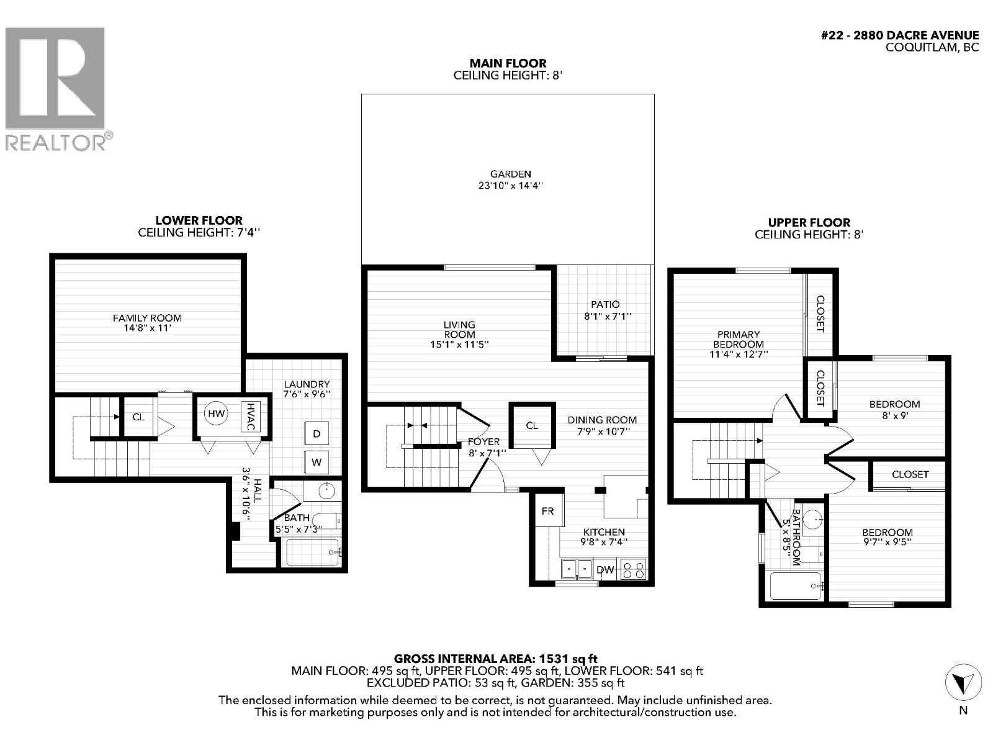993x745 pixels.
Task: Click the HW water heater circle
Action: pos(216,414)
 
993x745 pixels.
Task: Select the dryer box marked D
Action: pos(317,433)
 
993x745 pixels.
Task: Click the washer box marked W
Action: pos(317,462)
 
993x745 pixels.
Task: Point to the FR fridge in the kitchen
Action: pos(547,511)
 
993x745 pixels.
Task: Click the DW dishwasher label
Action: pos(604,570)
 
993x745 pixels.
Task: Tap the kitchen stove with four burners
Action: pos(633,570)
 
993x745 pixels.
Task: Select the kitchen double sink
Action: pos(577,568)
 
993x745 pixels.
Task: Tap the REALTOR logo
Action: pos(56,87)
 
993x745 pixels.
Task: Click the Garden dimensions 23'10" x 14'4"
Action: pos(511,185)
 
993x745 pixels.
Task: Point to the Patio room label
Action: pos(605,304)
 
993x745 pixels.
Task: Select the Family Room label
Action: pos(147,318)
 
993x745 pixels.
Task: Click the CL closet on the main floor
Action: pos(532,425)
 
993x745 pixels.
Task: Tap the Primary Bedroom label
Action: pos(738,339)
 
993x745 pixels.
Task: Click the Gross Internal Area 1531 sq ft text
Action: pos(496,659)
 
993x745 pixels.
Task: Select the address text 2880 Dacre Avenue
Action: pos(900,36)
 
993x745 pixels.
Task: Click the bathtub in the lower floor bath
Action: pos(312,552)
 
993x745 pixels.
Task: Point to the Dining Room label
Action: pos(602,420)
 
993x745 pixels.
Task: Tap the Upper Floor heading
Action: pos(809,222)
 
